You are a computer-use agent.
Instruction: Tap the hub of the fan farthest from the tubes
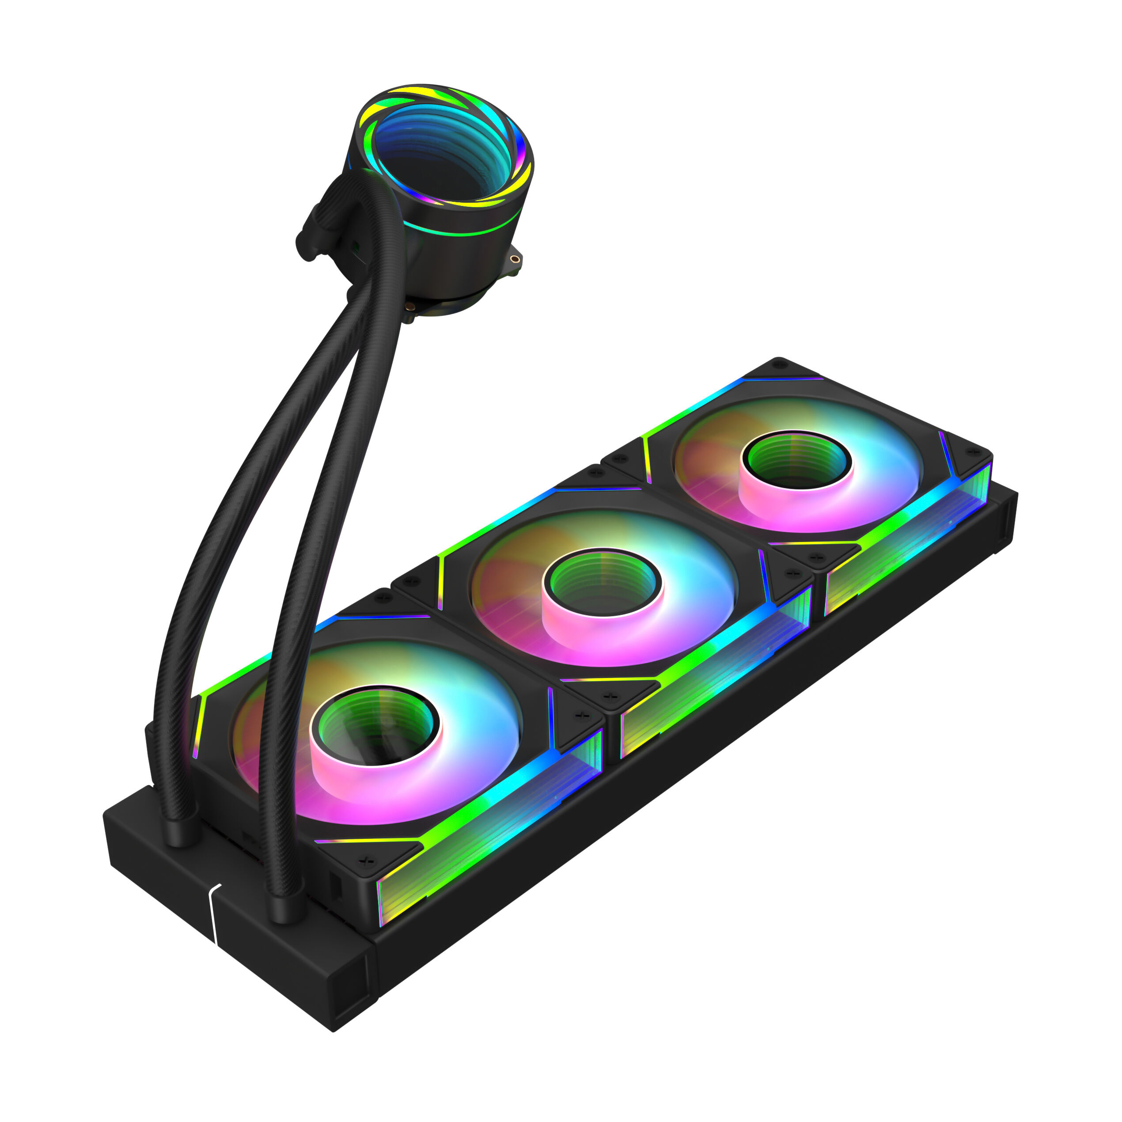tap(796, 459)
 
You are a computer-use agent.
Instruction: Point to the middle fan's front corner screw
tap(609, 696)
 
